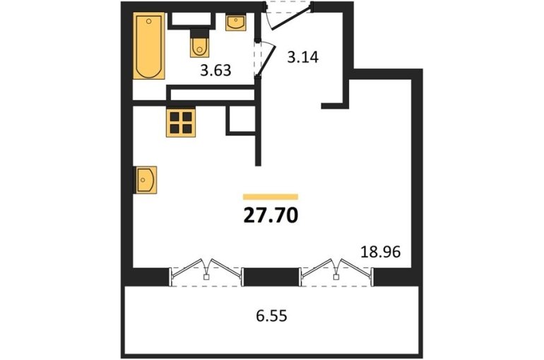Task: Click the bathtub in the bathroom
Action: (149, 46)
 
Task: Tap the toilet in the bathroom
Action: (199, 43)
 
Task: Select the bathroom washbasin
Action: (236, 22)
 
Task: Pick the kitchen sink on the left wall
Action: (146, 180)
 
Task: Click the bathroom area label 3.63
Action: (215, 71)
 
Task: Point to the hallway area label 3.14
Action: (303, 57)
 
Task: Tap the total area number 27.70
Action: (271, 216)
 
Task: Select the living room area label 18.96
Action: (381, 252)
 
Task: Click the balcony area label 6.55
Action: (272, 316)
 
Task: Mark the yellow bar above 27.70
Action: (271, 197)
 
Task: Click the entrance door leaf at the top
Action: (291, 18)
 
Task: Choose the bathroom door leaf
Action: (266, 59)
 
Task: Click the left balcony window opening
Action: (206, 277)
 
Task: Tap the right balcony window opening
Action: (336, 277)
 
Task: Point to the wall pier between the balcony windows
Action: (272, 277)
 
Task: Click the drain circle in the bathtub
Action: (149, 21)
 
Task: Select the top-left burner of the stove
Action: (175, 116)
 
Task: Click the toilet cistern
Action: (200, 33)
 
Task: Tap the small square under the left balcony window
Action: (206, 277)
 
